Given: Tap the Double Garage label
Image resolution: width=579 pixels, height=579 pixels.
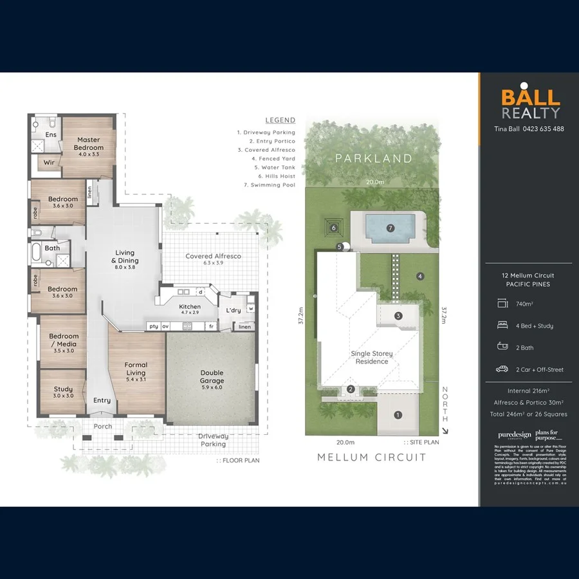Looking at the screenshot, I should (x=212, y=376).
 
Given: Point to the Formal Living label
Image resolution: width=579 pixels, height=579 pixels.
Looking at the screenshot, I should (x=136, y=369).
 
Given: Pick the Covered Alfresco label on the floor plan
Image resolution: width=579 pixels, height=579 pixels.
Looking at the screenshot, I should (x=213, y=256).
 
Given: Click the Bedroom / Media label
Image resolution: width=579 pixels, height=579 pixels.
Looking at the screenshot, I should (x=64, y=340).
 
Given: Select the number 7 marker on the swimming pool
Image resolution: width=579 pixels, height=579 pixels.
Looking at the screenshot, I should (x=391, y=228).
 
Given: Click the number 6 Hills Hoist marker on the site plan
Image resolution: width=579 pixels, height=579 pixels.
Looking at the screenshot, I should (x=333, y=227).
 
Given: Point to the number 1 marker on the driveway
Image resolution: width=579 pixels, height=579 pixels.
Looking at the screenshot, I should (x=398, y=415).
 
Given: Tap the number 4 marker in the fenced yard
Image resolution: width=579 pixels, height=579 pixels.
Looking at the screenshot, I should (x=420, y=277).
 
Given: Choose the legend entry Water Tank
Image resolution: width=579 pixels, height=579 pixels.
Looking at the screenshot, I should (x=274, y=167).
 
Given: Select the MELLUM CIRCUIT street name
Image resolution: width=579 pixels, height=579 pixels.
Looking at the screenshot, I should (x=372, y=457).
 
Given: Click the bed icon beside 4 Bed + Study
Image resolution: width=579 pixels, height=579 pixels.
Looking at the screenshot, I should (x=502, y=326).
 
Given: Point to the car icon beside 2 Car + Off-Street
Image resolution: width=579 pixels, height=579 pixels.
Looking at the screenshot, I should (x=502, y=369).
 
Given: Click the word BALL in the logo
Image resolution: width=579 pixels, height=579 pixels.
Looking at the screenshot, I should (x=531, y=98).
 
